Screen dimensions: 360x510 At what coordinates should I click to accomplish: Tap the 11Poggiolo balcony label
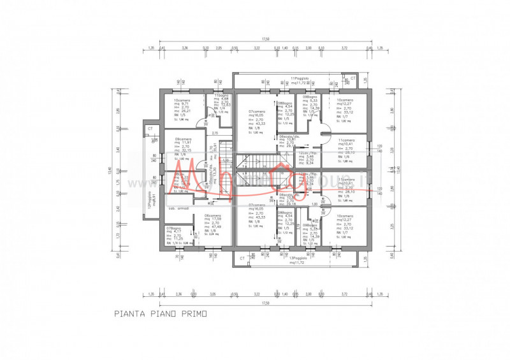click(x=300, y=78)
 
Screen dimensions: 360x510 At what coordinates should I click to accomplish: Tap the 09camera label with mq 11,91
click(x=184, y=139)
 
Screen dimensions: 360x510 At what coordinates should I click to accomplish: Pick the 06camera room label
click(x=212, y=215)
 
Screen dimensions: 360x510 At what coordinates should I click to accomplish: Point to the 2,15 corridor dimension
click(x=215, y=133)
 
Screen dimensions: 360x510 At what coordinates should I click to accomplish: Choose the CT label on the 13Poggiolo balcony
click(x=242, y=259)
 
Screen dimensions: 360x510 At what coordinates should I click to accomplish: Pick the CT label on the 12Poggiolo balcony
click(x=150, y=129)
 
